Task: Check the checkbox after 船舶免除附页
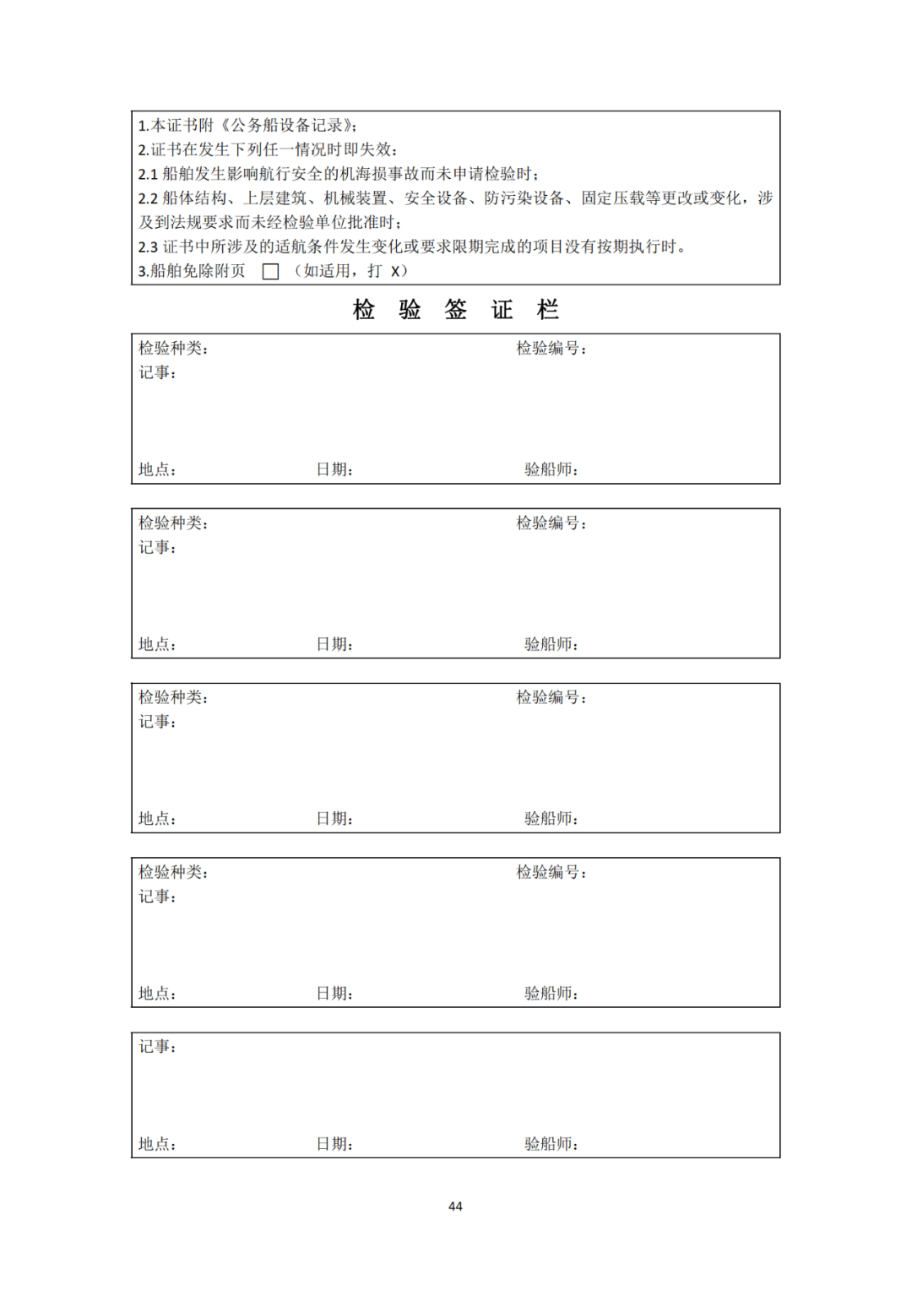(x=270, y=272)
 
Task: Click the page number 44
(x=455, y=1206)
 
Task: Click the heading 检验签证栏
(x=455, y=310)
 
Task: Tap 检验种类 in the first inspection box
(x=172, y=349)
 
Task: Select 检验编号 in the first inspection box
(x=551, y=349)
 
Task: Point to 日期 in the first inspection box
(x=334, y=469)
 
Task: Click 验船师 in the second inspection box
(x=551, y=644)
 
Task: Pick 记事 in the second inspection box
(x=157, y=547)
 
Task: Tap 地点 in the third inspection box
(x=157, y=818)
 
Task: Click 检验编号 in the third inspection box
(x=551, y=697)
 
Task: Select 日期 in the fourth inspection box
(x=334, y=993)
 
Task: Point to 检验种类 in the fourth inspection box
(x=172, y=872)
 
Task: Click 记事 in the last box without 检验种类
(x=157, y=1047)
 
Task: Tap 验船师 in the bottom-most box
(x=551, y=1144)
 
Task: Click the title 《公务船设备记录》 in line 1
(x=288, y=126)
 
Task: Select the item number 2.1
(x=148, y=175)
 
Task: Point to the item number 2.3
(x=148, y=247)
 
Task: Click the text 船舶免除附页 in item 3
(x=198, y=271)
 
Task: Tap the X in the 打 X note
(x=394, y=272)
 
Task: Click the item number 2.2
(x=148, y=198)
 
